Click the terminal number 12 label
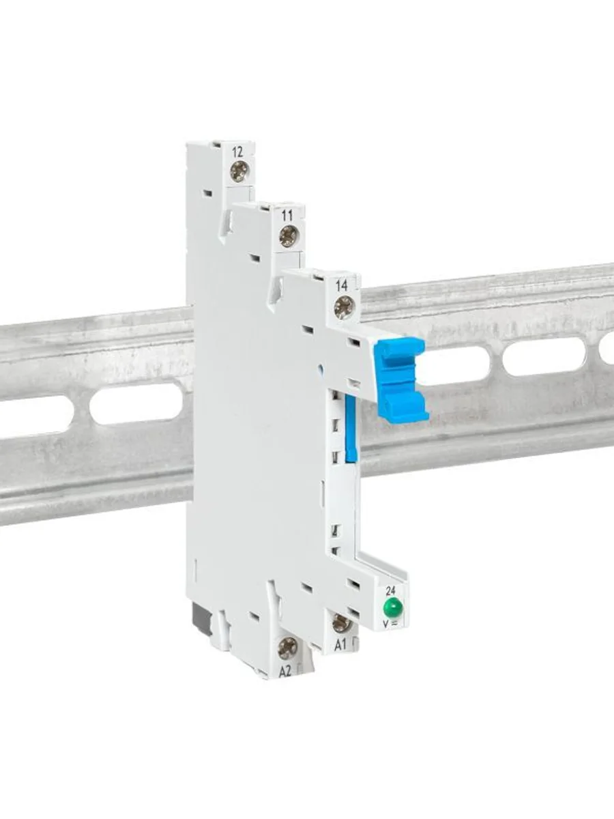tap(237, 152)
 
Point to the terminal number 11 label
tap(287, 216)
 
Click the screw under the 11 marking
tap(289, 236)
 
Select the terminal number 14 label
tap(341, 286)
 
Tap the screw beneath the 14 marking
tap(343, 306)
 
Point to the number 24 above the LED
tap(391, 591)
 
